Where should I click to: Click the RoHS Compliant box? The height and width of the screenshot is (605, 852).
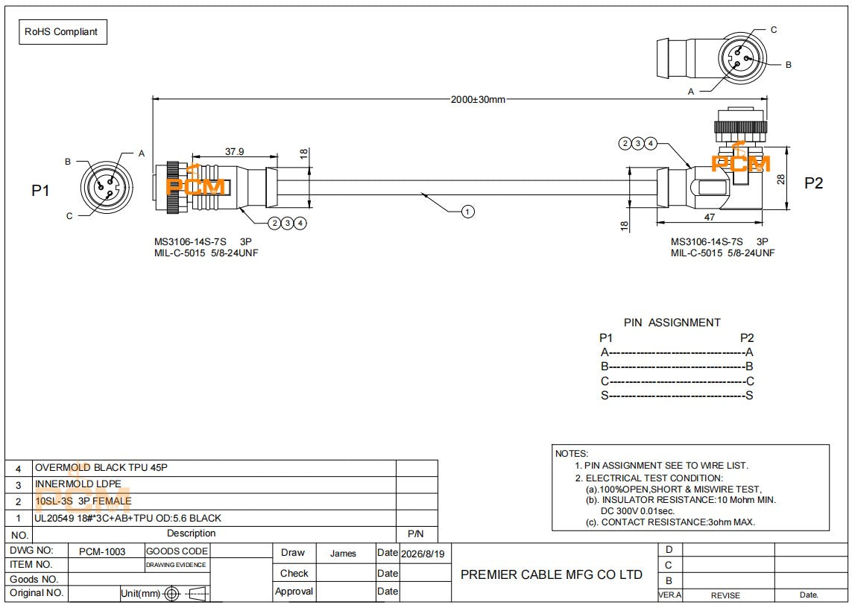[63, 32]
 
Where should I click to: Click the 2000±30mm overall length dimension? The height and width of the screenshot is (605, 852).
[478, 99]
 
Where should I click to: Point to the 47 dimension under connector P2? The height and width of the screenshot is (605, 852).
[709, 218]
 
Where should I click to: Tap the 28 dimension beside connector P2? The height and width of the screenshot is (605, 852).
[781, 179]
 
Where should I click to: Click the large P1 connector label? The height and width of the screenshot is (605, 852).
[41, 191]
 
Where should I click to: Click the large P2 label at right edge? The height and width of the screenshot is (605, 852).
[813, 183]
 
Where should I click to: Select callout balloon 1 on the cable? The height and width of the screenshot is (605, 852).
[468, 212]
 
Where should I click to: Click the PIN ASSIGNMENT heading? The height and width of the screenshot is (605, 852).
[672, 323]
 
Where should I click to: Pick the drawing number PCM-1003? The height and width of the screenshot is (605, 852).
[102, 552]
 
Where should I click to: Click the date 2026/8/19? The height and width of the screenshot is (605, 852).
[423, 554]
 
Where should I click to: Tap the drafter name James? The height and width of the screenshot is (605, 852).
[343, 554]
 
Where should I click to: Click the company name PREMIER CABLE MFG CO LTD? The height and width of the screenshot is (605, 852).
[552, 574]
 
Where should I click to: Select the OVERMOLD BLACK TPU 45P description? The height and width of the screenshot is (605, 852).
[101, 468]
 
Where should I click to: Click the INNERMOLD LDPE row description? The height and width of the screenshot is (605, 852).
[78, 484]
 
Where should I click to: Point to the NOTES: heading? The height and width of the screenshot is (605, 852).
[572, 454]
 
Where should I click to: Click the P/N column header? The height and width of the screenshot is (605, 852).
[416, 534]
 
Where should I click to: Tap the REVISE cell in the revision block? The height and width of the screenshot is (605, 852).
[725, 595]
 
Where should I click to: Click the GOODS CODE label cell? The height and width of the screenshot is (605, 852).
[177, 551]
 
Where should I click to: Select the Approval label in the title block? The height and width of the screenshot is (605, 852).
[294, 592]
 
